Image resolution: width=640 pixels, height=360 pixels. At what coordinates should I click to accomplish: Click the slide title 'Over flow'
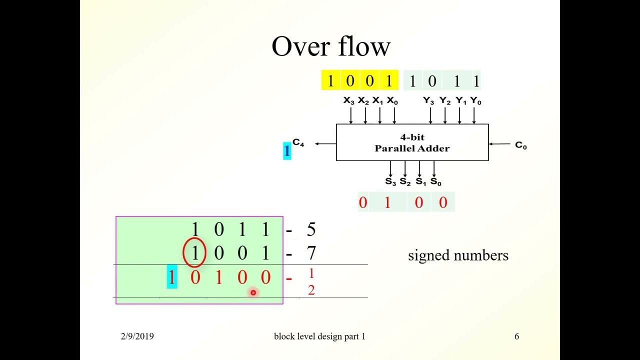point(330,46)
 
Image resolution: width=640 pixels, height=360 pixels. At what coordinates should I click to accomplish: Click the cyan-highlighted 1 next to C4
point(286,150)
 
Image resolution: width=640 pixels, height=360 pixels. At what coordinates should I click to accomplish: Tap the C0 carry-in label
point(520,145)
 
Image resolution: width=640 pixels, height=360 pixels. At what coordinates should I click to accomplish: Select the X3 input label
point(348,101)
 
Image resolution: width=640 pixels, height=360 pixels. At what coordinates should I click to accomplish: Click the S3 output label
point(390,181)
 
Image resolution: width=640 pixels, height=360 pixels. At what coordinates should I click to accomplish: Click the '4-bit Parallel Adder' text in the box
point(412,142)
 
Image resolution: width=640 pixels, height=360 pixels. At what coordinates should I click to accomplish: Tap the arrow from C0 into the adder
point(500,144)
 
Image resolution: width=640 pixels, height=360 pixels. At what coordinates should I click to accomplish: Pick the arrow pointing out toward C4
point(325,144)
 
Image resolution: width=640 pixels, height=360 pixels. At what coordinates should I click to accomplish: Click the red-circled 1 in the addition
point(194,253)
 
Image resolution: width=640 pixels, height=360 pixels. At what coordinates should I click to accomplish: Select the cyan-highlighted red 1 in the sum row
point(171,277)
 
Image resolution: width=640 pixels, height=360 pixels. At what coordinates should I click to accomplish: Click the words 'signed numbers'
point(458,255)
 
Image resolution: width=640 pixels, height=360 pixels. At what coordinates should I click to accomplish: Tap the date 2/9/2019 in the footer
point(137,336)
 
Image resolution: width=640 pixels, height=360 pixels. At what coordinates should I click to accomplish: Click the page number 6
point(516,336)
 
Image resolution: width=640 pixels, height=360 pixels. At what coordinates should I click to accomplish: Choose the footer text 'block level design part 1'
point(319,336)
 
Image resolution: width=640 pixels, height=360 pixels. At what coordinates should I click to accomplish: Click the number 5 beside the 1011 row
point(311,229)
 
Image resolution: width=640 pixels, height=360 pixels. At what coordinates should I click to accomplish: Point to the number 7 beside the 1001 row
point(311,253)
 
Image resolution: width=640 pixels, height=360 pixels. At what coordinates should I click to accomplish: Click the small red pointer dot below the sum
point(253,292)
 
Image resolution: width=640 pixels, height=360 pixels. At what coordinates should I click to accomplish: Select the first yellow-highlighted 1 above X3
point(330,81)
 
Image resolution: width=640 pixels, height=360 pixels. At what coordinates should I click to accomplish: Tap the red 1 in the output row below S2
point(387,202)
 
